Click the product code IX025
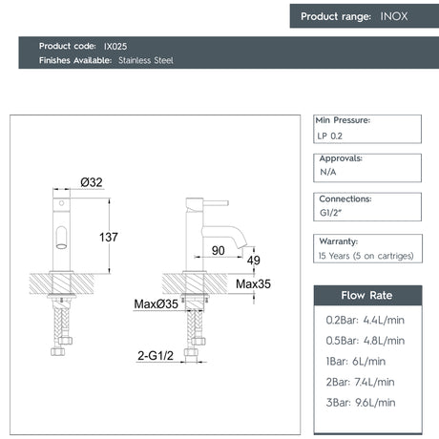click(115, 47)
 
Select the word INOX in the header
click(394, 16)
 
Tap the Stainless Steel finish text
click(146, 60)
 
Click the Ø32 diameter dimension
click(92, 182)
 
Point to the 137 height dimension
click(109, 238)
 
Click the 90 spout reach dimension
click(219, 251)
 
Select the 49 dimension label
click(254, 261)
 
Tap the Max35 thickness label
click(253, 284)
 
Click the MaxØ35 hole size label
click(156, 304)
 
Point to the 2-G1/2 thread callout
click(156, 356)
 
